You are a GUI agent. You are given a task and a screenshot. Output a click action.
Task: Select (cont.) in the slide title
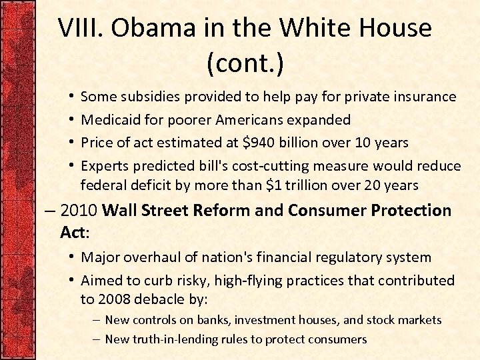tap(245, 64)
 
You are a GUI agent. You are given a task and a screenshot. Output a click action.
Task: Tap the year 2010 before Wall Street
tap(79, 211)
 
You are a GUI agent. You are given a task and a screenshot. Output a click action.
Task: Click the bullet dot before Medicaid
tap(71, 120)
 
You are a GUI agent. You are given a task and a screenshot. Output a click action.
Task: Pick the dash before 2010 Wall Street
tap(51, 211)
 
